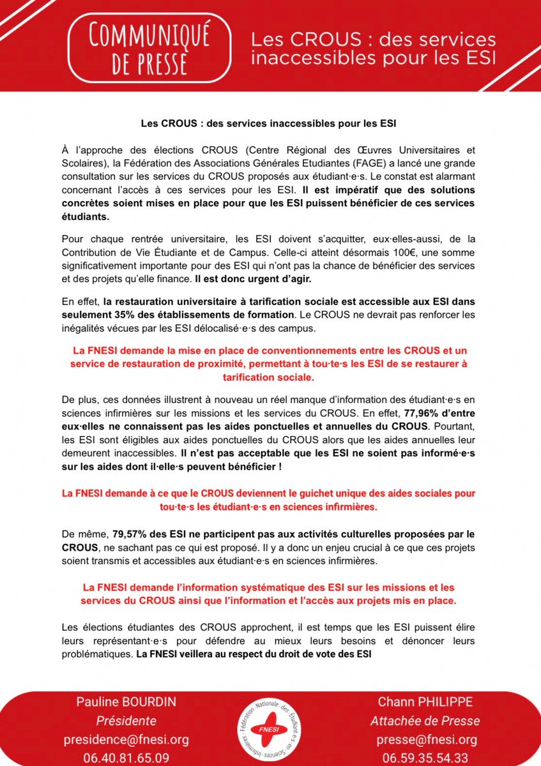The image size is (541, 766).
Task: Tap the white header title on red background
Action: click(373, 49)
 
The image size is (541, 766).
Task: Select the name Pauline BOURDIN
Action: click(126, 702)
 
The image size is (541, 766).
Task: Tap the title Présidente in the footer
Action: click(126, 721)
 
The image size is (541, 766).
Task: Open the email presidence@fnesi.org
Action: click(126, 740)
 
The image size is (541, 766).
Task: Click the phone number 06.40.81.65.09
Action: click(126, 758)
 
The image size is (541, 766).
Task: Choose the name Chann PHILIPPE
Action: click(417, 702)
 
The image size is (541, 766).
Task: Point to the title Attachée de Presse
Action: click(417, 721)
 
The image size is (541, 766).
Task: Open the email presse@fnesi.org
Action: click(417, 740)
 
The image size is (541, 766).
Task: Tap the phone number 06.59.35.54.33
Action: click(417, 758)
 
